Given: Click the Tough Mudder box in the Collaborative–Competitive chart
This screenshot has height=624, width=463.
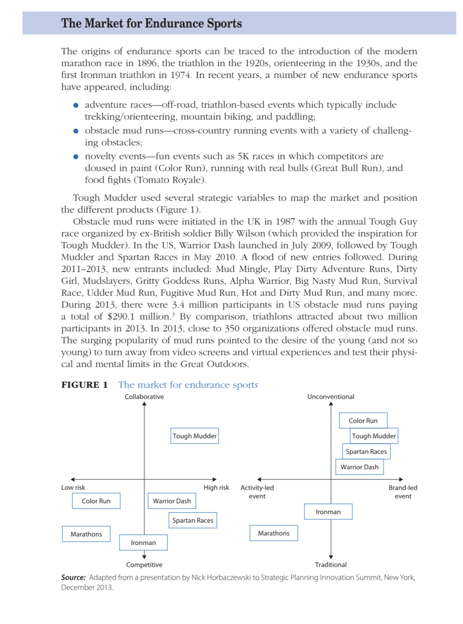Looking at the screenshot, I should (x=194, y=436).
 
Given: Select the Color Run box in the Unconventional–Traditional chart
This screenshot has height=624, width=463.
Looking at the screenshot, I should (x=363, y=420).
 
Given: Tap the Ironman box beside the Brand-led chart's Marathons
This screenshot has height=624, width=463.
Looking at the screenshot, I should (x=328, y=512).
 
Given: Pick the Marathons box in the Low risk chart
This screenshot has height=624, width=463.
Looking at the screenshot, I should (x=86, y=534).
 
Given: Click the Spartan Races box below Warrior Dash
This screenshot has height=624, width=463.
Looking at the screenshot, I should (x=193, y=520).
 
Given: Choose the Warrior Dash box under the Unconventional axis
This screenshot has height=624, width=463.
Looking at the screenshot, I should (x=359, y=467).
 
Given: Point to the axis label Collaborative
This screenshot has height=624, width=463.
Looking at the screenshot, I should (x=144, y=397).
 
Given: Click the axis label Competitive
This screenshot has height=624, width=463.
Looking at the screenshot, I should (x=144, y=565).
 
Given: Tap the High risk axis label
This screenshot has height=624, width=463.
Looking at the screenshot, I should (x=216, y=487).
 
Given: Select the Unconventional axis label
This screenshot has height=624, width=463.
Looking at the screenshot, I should (x=331, y=397).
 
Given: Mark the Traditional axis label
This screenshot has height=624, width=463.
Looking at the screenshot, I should (x=331, y=565).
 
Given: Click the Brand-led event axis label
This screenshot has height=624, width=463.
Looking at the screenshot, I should (x=403, y=492).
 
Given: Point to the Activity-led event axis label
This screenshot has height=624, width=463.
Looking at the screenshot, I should (x=257, y=492).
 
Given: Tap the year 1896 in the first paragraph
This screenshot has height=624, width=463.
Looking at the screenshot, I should (x=147, y=63).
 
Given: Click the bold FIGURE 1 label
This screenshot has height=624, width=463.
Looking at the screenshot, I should (x=85, y=385).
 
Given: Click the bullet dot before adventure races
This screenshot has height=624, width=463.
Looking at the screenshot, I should (x=76, y=105).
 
